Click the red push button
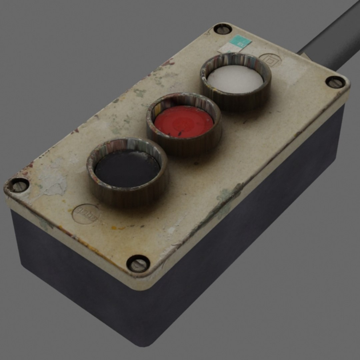pyautogui.click(x=184, y=121)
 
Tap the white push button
pyautogui.click(x=235, y=79)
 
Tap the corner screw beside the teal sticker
pyautogui.click(x=222, y=29)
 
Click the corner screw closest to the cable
pyautogui.click(x=335, y=82)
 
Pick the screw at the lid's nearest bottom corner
pyautogui.click(x=138, y=263)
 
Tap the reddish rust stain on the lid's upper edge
pyautogui.click(x=168, y=62)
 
